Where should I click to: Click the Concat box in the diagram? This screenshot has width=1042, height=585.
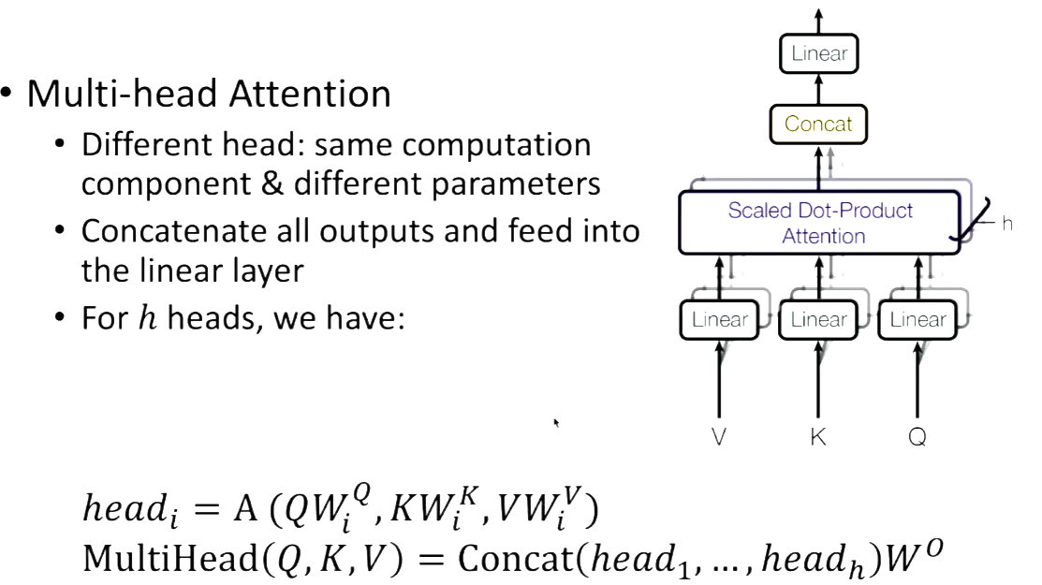click(817, 124)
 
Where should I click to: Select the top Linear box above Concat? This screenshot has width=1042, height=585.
click(818, 53)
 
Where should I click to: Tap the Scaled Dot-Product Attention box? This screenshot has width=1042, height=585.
click(821, 222)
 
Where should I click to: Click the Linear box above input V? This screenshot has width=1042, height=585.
click(719, 320)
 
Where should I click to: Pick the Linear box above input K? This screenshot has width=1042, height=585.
click(818, 320)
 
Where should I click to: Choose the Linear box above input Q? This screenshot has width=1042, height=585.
click(917, 320)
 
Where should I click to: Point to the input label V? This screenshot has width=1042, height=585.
click(719, 436)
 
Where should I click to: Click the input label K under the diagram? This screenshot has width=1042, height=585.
click(818, 436)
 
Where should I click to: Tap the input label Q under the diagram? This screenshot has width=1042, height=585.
click(917, 436)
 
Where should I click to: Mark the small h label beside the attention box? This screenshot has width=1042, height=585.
click(1007, 225)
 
